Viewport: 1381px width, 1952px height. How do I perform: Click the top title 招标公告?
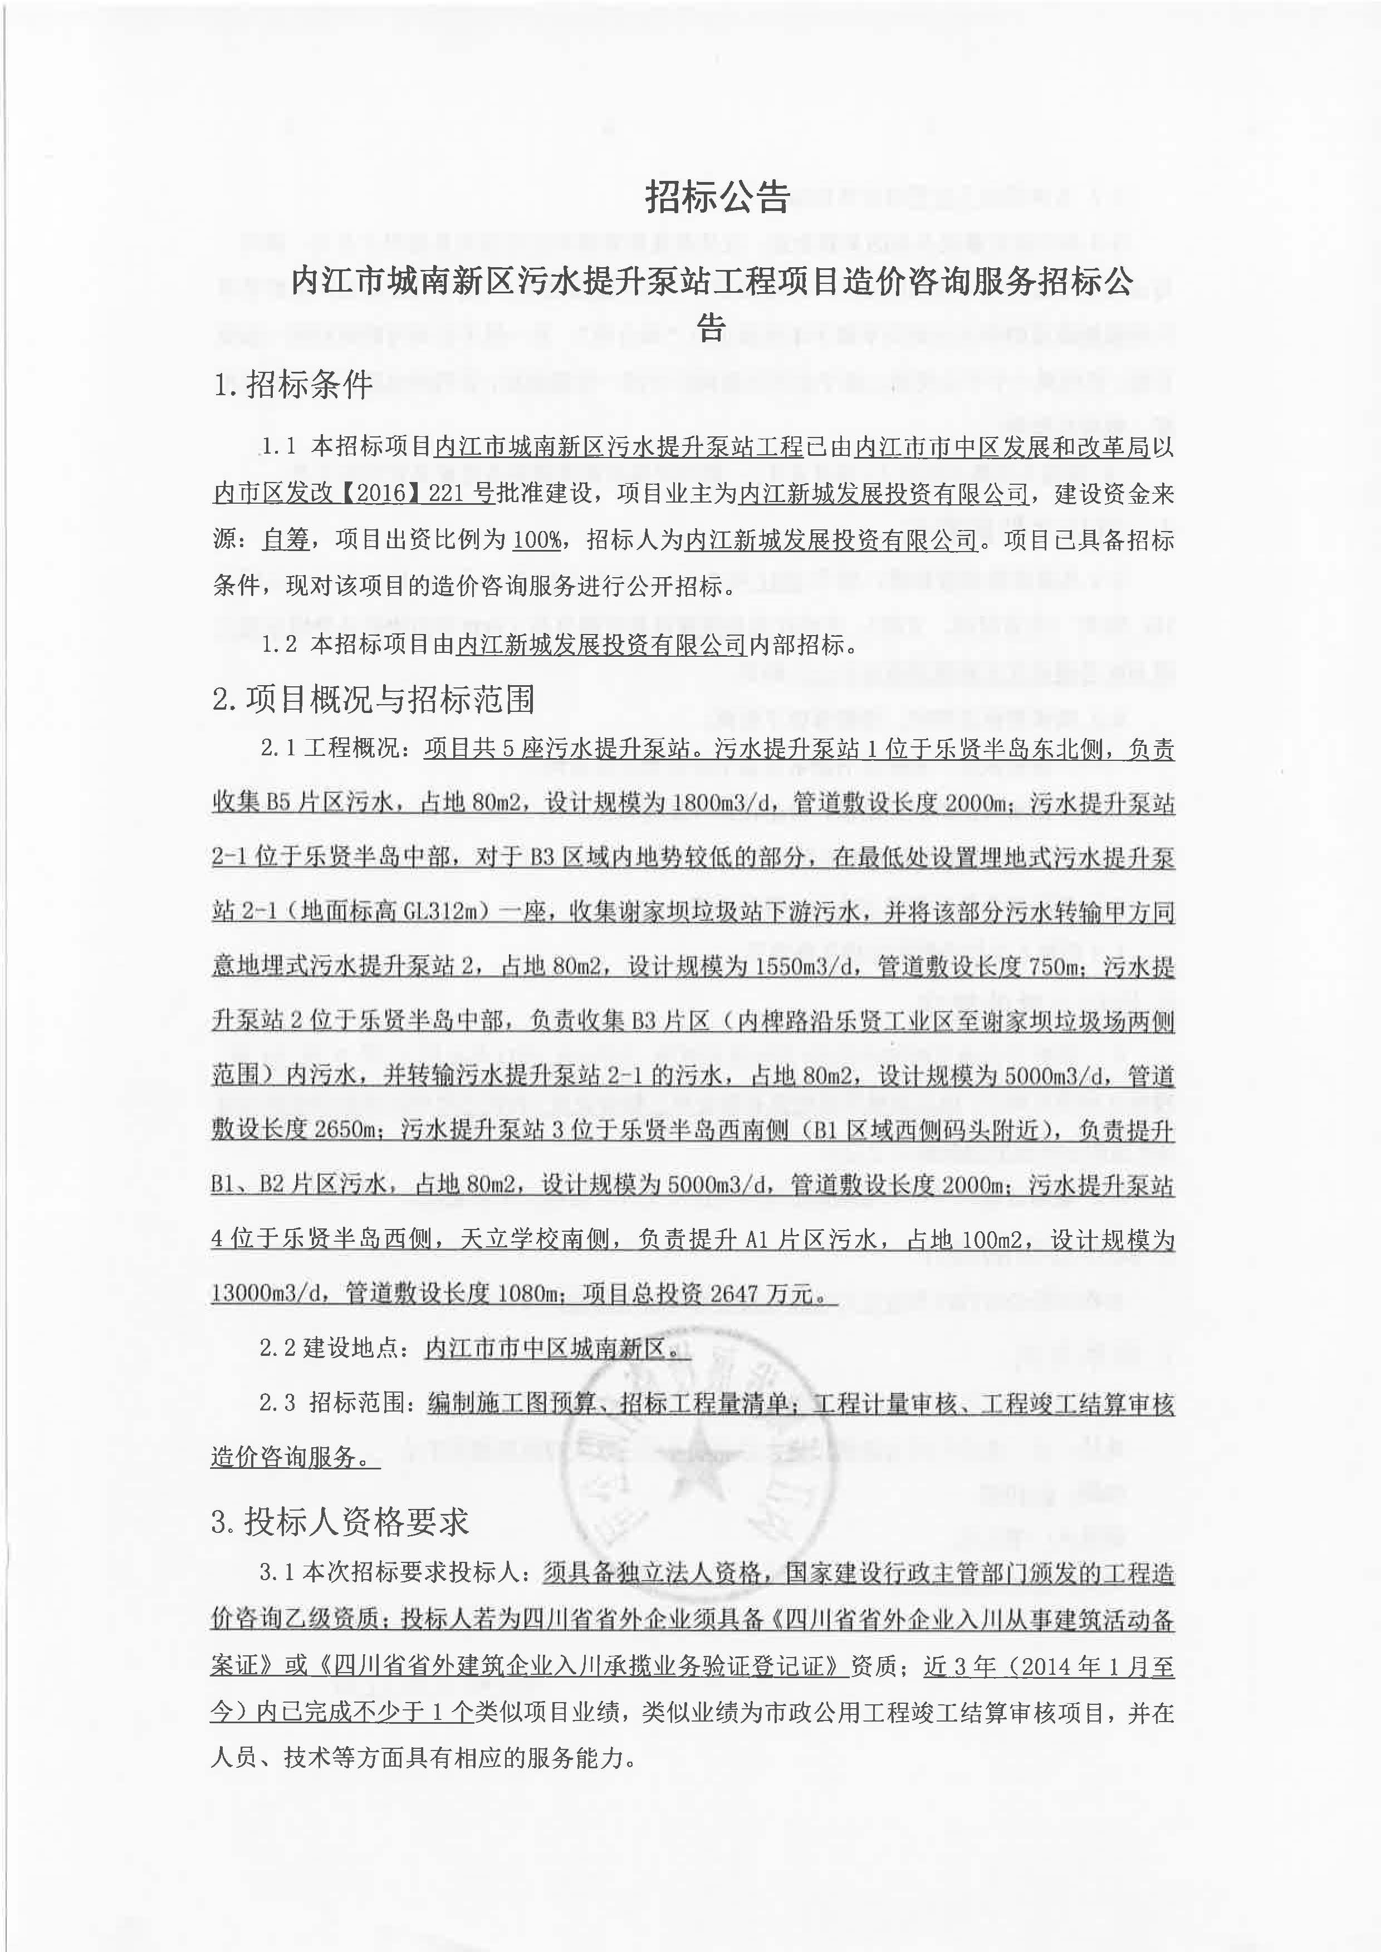coord(718,196)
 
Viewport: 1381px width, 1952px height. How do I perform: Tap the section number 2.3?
coord(278,1403)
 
